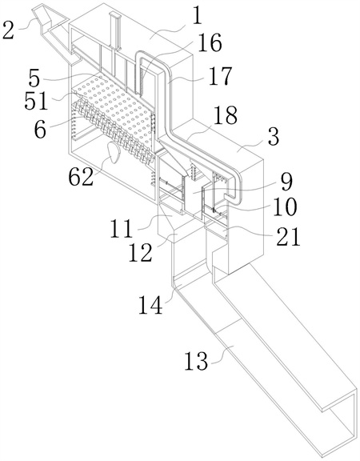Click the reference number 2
9,30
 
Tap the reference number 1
197,15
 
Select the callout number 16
210,42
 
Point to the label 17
220,76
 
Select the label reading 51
36,101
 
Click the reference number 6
40,129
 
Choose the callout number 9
286,181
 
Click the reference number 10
285,207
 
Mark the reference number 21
288,236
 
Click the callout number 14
150,304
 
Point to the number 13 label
196,360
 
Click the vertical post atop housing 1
114,31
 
